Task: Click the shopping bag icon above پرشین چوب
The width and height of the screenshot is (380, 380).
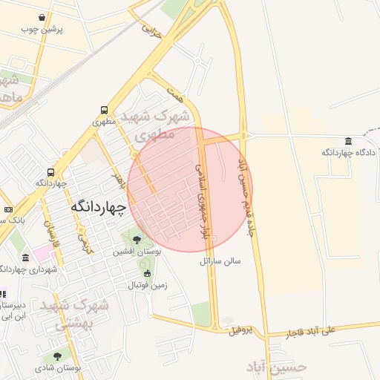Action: pyautogui.click(x=48, y=17)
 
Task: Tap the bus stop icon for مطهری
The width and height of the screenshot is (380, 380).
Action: pyautogui.click(x=105, y=110)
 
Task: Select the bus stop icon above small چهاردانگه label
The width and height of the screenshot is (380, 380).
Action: pyautogui.click(x=50, y=171)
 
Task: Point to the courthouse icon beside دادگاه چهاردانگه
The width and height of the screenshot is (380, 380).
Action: pyautogui.click(x=348, y=141)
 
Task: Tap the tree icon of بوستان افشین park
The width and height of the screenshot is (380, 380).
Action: pyautogui.click(x=136, y=239)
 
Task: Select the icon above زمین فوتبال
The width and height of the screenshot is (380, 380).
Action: pyautogui.click(x=147, y=273)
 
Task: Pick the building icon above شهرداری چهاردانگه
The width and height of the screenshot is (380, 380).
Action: pyautogui.click(x=25, y=257)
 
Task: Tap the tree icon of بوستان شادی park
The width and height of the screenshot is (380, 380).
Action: pyautogui.click(x=57, y=356)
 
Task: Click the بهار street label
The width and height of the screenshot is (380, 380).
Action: pyautogui.click(x=115, y=178)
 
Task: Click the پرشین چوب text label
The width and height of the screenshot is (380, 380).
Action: pyautogui.click(x=42, y=30)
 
